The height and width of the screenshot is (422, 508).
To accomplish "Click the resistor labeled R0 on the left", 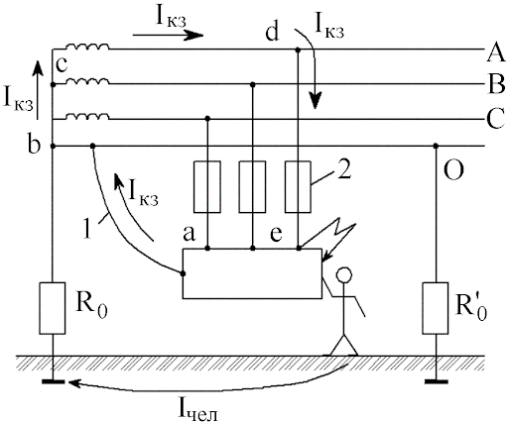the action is (53, 308).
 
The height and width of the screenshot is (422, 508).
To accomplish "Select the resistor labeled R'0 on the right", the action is (436, 308).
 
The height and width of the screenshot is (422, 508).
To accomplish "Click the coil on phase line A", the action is (87, 47).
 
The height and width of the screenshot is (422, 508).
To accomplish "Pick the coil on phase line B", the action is (87, 81).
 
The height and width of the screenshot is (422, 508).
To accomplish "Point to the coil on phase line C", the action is (87, 116).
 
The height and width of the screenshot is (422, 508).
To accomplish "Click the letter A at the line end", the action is (496, 53).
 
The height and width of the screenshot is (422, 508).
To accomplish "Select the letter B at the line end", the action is (496, 84).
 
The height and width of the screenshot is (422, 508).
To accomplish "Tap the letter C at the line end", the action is (496, 118).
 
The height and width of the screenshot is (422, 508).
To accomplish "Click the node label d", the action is (273, 33).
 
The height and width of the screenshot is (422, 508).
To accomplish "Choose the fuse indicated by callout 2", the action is (298, 186).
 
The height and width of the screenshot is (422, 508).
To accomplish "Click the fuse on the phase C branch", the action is (207, 186).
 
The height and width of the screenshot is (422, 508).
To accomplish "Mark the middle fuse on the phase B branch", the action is (253, 186).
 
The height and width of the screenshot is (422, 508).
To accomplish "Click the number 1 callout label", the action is (87, 228).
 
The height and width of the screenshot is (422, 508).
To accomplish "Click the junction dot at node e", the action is (299, 248).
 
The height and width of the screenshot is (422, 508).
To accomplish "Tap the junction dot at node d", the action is (298, 51).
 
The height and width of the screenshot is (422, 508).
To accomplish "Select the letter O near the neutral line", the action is (453, 170).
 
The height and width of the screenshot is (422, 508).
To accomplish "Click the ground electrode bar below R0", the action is (54, 382).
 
